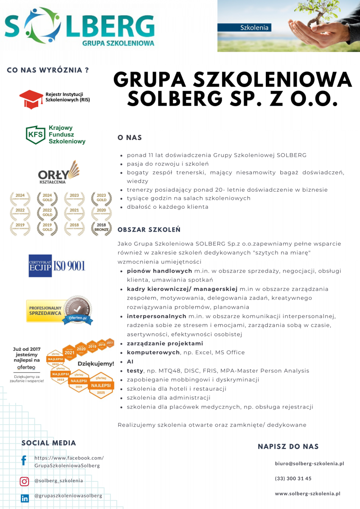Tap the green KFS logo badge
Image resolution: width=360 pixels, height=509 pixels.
36,135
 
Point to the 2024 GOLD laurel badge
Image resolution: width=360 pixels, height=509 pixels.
47,197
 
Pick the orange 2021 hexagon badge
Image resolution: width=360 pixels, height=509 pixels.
70,352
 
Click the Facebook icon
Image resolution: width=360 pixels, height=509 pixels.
24,461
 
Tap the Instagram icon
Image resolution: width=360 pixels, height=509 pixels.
25,481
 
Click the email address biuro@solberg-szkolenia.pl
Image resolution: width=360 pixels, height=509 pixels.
309,464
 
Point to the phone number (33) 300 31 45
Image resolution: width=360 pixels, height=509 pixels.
293,478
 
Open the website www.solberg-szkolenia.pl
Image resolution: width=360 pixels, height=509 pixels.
307,493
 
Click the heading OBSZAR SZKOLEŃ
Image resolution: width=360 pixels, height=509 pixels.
149,229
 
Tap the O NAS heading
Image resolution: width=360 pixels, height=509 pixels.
130,138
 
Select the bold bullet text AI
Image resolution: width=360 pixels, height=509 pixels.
130,362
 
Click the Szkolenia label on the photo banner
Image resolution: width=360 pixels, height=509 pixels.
254,28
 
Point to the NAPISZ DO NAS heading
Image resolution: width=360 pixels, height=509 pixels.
288,446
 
